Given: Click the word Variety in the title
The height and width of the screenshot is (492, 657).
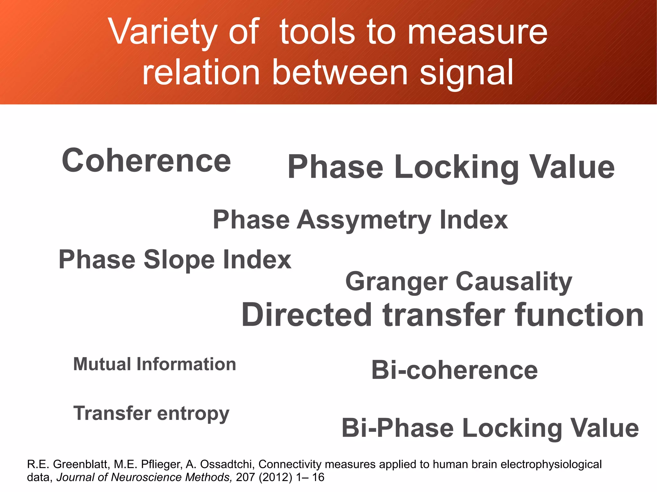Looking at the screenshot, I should (x=162, y=32).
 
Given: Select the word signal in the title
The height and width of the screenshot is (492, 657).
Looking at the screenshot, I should (x=467, y=73).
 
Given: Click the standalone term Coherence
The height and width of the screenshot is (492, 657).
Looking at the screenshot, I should (x=146, y=161).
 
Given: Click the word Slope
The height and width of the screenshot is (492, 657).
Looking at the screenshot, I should (x=179, y=260).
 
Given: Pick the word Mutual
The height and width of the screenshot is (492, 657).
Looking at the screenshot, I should (x=102, y=364).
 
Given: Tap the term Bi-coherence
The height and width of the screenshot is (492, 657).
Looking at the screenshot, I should (x=454, y=370).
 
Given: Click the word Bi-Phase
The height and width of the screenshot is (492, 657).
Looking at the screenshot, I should (x=397, y=428).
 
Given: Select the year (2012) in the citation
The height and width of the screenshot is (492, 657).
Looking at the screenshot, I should (x=275, y=478).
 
